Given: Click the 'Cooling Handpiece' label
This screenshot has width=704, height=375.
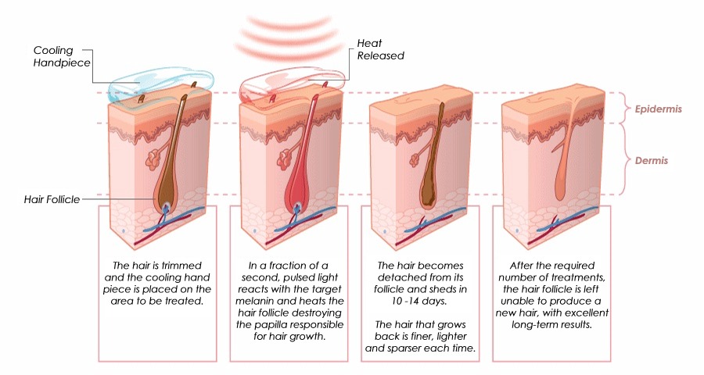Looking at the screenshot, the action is [x=62, y=56].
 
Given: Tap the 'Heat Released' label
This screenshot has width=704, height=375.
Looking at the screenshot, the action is [x=380, y=49].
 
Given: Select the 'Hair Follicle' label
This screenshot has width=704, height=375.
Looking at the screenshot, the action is [x=52, y=199].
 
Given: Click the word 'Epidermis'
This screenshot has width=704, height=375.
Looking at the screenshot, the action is [x=658, y=109].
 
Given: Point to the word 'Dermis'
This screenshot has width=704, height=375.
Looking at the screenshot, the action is [x=651, y=161].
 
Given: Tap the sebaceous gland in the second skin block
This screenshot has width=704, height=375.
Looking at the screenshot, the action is [x=285, y=159].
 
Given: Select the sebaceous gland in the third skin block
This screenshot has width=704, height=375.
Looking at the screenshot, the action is [x=415, y=159].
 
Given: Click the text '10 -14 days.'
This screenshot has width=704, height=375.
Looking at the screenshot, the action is [x=419, y=301].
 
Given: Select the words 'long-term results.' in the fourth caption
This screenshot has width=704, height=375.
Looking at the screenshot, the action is [x=551, y=324].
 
